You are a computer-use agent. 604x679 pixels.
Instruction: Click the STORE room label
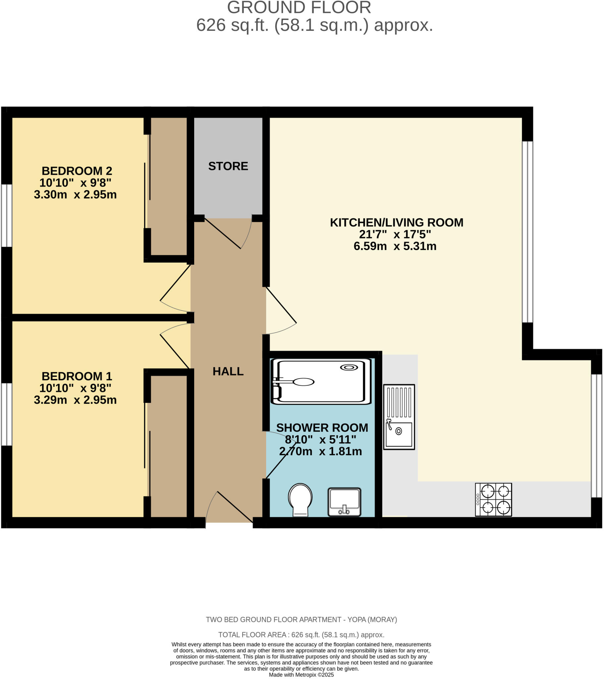pos(228,166)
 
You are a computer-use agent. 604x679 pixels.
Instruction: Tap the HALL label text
pos(228,371)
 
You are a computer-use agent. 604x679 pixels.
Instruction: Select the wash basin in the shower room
pos(344,502)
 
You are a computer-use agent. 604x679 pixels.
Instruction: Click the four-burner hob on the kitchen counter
pos(493,500)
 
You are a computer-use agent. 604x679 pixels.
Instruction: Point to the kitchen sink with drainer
pos(399,417)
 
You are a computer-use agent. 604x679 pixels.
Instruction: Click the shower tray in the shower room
pos(321,381)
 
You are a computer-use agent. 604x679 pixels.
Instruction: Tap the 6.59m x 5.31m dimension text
pos(395,246)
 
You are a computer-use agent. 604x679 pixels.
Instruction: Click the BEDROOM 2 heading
pos(77,171)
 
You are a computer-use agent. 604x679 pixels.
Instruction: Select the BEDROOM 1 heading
pos(77,376)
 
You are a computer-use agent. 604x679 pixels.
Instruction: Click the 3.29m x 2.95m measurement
pos(75,400)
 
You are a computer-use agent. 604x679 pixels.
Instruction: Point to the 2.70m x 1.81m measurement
pos(320,452)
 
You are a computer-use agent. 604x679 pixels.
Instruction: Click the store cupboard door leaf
pos(222,233)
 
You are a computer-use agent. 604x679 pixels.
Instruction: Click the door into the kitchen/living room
pos(281,305)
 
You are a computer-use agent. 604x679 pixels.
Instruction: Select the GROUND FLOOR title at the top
pos(299,8)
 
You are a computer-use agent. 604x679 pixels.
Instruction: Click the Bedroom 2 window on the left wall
pos(7,216)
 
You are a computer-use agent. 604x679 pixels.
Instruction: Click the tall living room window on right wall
pos(527,232)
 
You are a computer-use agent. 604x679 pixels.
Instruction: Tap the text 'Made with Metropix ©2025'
pos(301,675)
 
